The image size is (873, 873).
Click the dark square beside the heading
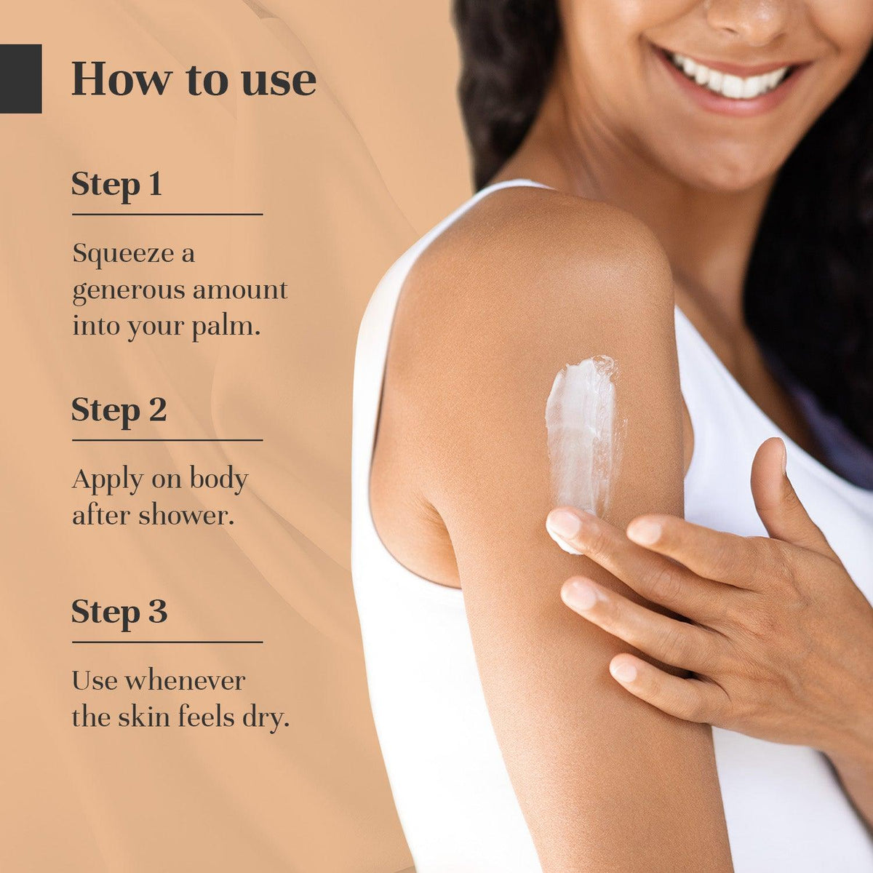[21, 79]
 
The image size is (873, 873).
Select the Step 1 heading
[116, 186]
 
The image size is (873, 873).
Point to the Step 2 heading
[119, 411]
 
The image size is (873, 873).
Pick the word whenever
[185, 682]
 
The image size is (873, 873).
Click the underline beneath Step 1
[167, 215]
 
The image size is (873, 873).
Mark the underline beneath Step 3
[167, 642]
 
